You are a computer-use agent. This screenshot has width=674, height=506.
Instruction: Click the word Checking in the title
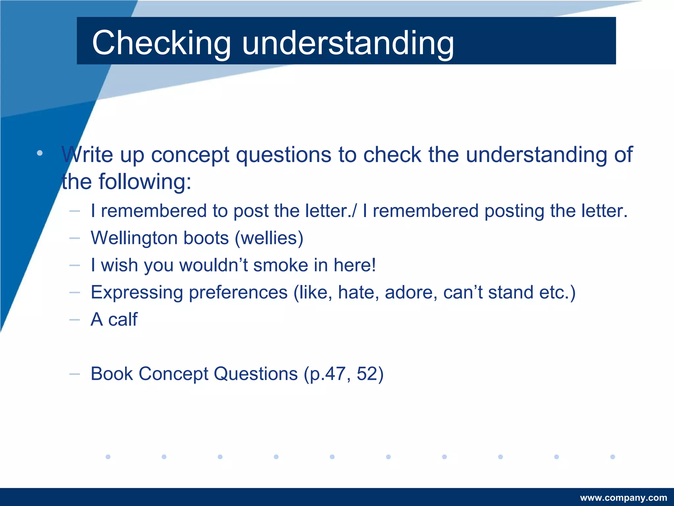[x=161, y=43]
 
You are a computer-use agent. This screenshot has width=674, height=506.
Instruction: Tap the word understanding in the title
[x=348, y=43]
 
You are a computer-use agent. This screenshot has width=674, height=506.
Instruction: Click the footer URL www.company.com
[x=623, y=498]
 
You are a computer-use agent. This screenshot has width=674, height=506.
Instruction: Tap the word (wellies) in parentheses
[x=269, y=238]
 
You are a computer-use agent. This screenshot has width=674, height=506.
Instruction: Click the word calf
[x=123, y=320]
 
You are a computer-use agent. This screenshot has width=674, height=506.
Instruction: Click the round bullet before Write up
[x=40, y=153]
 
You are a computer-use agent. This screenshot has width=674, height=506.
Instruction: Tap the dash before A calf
[x=75, y=320]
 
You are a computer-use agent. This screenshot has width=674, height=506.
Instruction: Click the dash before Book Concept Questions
[x=75, y=374]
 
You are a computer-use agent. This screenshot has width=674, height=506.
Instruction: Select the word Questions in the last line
[x=256, y=374]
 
